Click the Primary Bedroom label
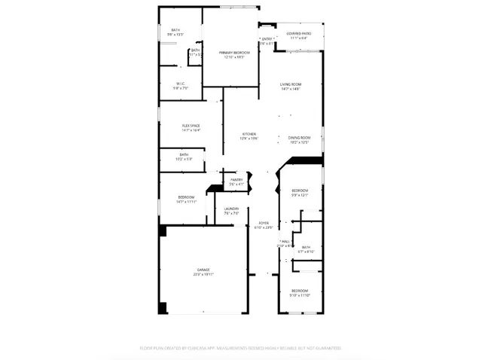[234, 52]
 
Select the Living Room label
[291, 86]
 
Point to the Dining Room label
[299, 138]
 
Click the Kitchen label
[249, 136]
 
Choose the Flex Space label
[190, 126]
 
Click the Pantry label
[236, 180]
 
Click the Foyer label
[264, 224]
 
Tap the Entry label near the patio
[267, 39]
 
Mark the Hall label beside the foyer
[285, 242]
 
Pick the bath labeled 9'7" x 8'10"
[306, 248]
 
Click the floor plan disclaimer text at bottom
[241, 348]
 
